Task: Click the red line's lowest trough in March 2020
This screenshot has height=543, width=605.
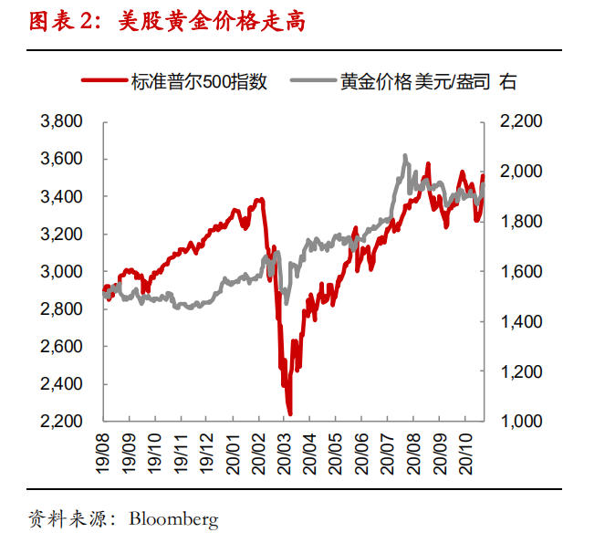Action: pyautogui.click(x=289, y=414)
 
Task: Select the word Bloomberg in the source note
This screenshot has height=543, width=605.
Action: pyautogui.click(x=173, y=519)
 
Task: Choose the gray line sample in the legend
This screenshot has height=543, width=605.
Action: pyautogui.click(x=312, y=81)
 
